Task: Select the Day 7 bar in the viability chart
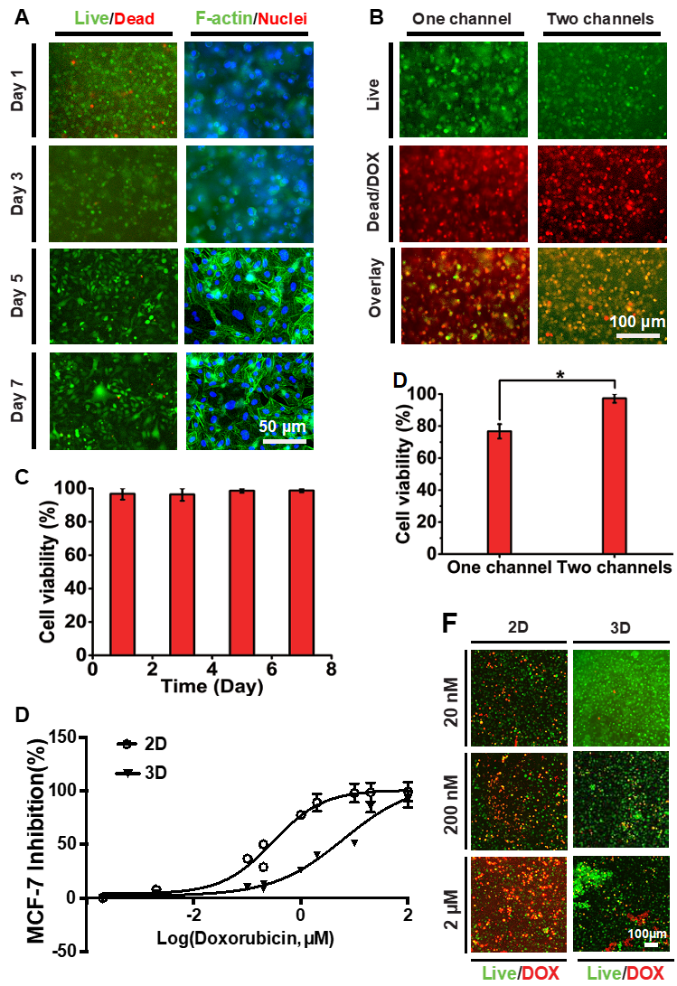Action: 301,572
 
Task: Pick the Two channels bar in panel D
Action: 614,475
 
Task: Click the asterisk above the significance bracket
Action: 559,374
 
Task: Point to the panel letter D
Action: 400,380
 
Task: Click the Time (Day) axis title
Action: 212,687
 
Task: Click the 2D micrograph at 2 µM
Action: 519,903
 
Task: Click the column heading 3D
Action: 620,627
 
